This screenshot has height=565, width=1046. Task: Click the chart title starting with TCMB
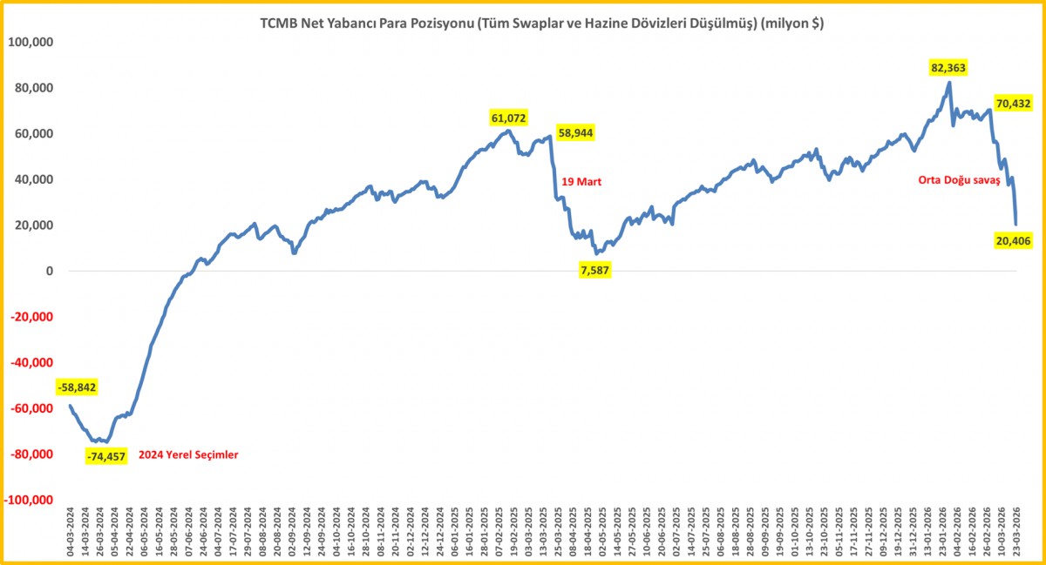pyautogui.click(x=541, y=24)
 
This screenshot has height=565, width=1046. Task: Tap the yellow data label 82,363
pyautogui.click(x=948, y=68)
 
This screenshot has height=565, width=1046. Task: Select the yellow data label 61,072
pyautogui.click(x=508, y=118)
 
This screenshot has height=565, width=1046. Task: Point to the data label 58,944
pyautogui.click(x=576, y=133)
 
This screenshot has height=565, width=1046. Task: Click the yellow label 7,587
pyautogui.click(x=594, y=270)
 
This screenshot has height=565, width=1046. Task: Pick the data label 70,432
pyautogui.click(x=1013, y=103)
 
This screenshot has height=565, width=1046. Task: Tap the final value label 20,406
pyautogui.click(x=1013, y=241)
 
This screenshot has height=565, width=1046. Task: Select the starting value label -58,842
pyautogui.click(x=77, y=387)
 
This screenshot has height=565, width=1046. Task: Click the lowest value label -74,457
pyautogui.click(x=106, y=456)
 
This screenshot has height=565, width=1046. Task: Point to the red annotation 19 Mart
pyautogui.click(x=581, y=182)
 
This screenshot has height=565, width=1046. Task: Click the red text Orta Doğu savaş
pyautogui.click(x=959, y=180)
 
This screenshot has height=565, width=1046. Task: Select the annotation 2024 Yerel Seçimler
pyautogui.click(x=188, y=455)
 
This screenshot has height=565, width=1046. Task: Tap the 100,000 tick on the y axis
pyautogui.click(x=31, y=42)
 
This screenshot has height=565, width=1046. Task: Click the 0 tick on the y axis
pyautogui.click(x=50, y=271)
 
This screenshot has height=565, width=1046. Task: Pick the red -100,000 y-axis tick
pyautogui.click(x=29, y=500)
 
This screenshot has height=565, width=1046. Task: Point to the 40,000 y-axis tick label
pyautogui.click(x=34, y=179)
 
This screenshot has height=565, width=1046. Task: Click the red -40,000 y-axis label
pyautogui.click(x=31, y=362)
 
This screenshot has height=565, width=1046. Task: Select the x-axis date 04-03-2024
pyautogui.click(x=71, y=532)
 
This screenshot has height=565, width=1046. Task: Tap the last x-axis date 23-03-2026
pyautogui.click(x=1016, y=532)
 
